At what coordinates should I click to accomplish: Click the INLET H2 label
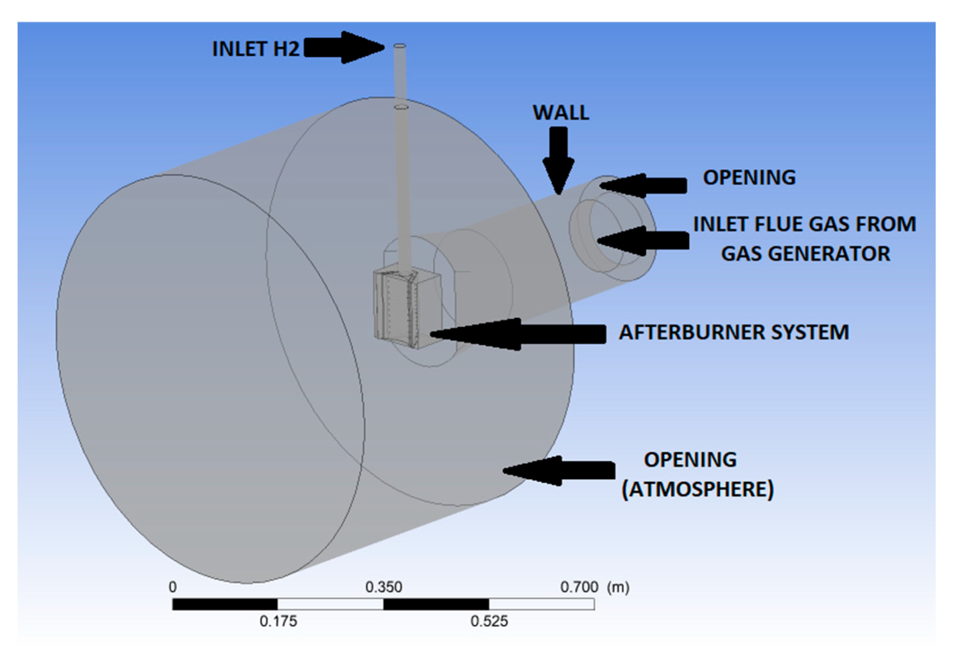pyautogui.click(x=255, y=49)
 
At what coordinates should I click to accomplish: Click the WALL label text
pyautogui.click(x=561, y=112)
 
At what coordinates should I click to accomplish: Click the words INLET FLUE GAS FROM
pyautogui.click(x=804, y=224)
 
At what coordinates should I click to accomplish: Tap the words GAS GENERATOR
pyautogui.click(x=805, y=254)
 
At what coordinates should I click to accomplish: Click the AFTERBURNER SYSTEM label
pyautogui.click(x=734, y=332)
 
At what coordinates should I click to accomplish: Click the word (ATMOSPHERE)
pyautogui.click(x=697, y=490)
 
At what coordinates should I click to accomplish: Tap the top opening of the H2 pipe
pyautogui.click(x=400, y=46)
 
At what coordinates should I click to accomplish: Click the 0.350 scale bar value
pyautogui.click(x=383, y=587)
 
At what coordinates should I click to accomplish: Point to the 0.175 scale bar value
pyautogui.click(x=278, y=621)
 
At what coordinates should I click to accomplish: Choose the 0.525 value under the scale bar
pyautogui.click(x=489, y=621)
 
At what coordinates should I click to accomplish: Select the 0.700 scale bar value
pyautogui.click(x=579, y=587)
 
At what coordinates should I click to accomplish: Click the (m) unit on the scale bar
pyautogui.click(x=618, y=587)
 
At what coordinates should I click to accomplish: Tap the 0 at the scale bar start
pyautogui.click(x=173, y=587)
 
